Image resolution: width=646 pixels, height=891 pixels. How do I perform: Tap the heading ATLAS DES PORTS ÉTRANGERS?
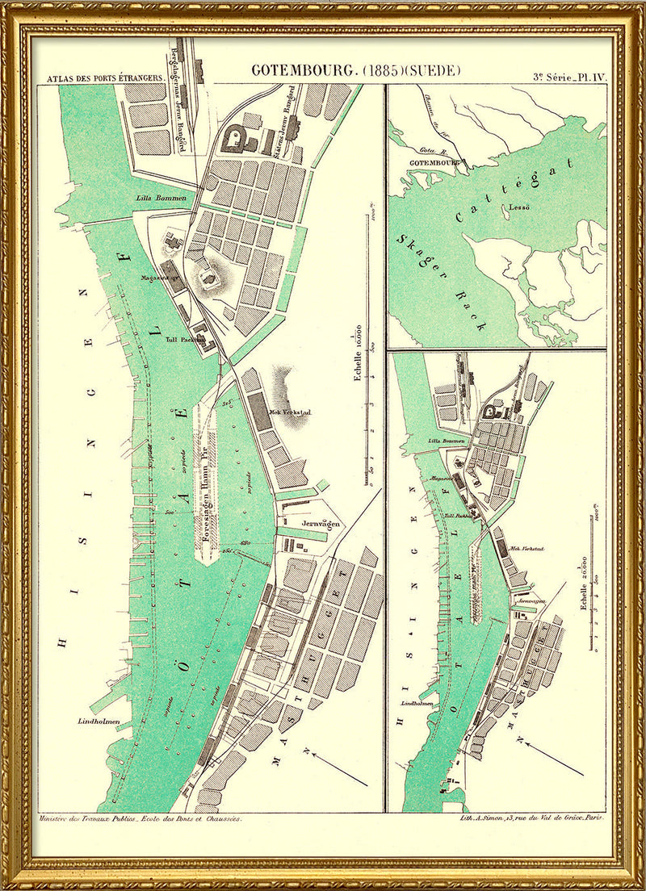[x=105, y=79]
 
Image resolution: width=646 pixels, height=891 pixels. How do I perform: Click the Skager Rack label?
[x=443, y=282]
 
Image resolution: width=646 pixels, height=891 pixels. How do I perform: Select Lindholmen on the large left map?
[x=99, y=721]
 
